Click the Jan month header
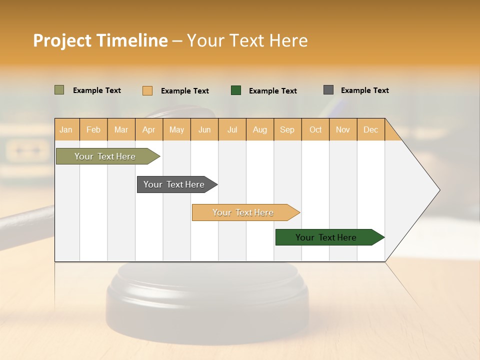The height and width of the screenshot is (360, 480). tap(66, 129)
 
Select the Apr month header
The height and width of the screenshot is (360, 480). tap(149, 129)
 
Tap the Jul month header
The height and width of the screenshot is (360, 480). tap(232, 129)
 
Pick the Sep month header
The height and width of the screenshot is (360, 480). tap(287, 129)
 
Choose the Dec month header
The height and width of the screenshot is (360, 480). tap(371, 129)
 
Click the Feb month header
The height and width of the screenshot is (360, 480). tap(93, 129)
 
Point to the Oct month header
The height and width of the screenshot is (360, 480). tap(315, 129)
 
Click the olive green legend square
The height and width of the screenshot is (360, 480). tap(59, 90)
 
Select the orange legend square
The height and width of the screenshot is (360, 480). tap(147, 90)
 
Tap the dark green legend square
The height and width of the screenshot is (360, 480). tap(236, 90)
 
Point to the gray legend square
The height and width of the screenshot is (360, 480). tap(328, 90)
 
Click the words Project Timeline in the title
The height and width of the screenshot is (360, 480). tap(100, 40)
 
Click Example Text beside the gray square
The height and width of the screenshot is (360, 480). tap(364, 90)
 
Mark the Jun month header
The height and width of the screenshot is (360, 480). tap(204, 129)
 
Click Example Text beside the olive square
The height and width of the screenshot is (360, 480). tap(97, 90)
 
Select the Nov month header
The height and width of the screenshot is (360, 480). tap(343, 129)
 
